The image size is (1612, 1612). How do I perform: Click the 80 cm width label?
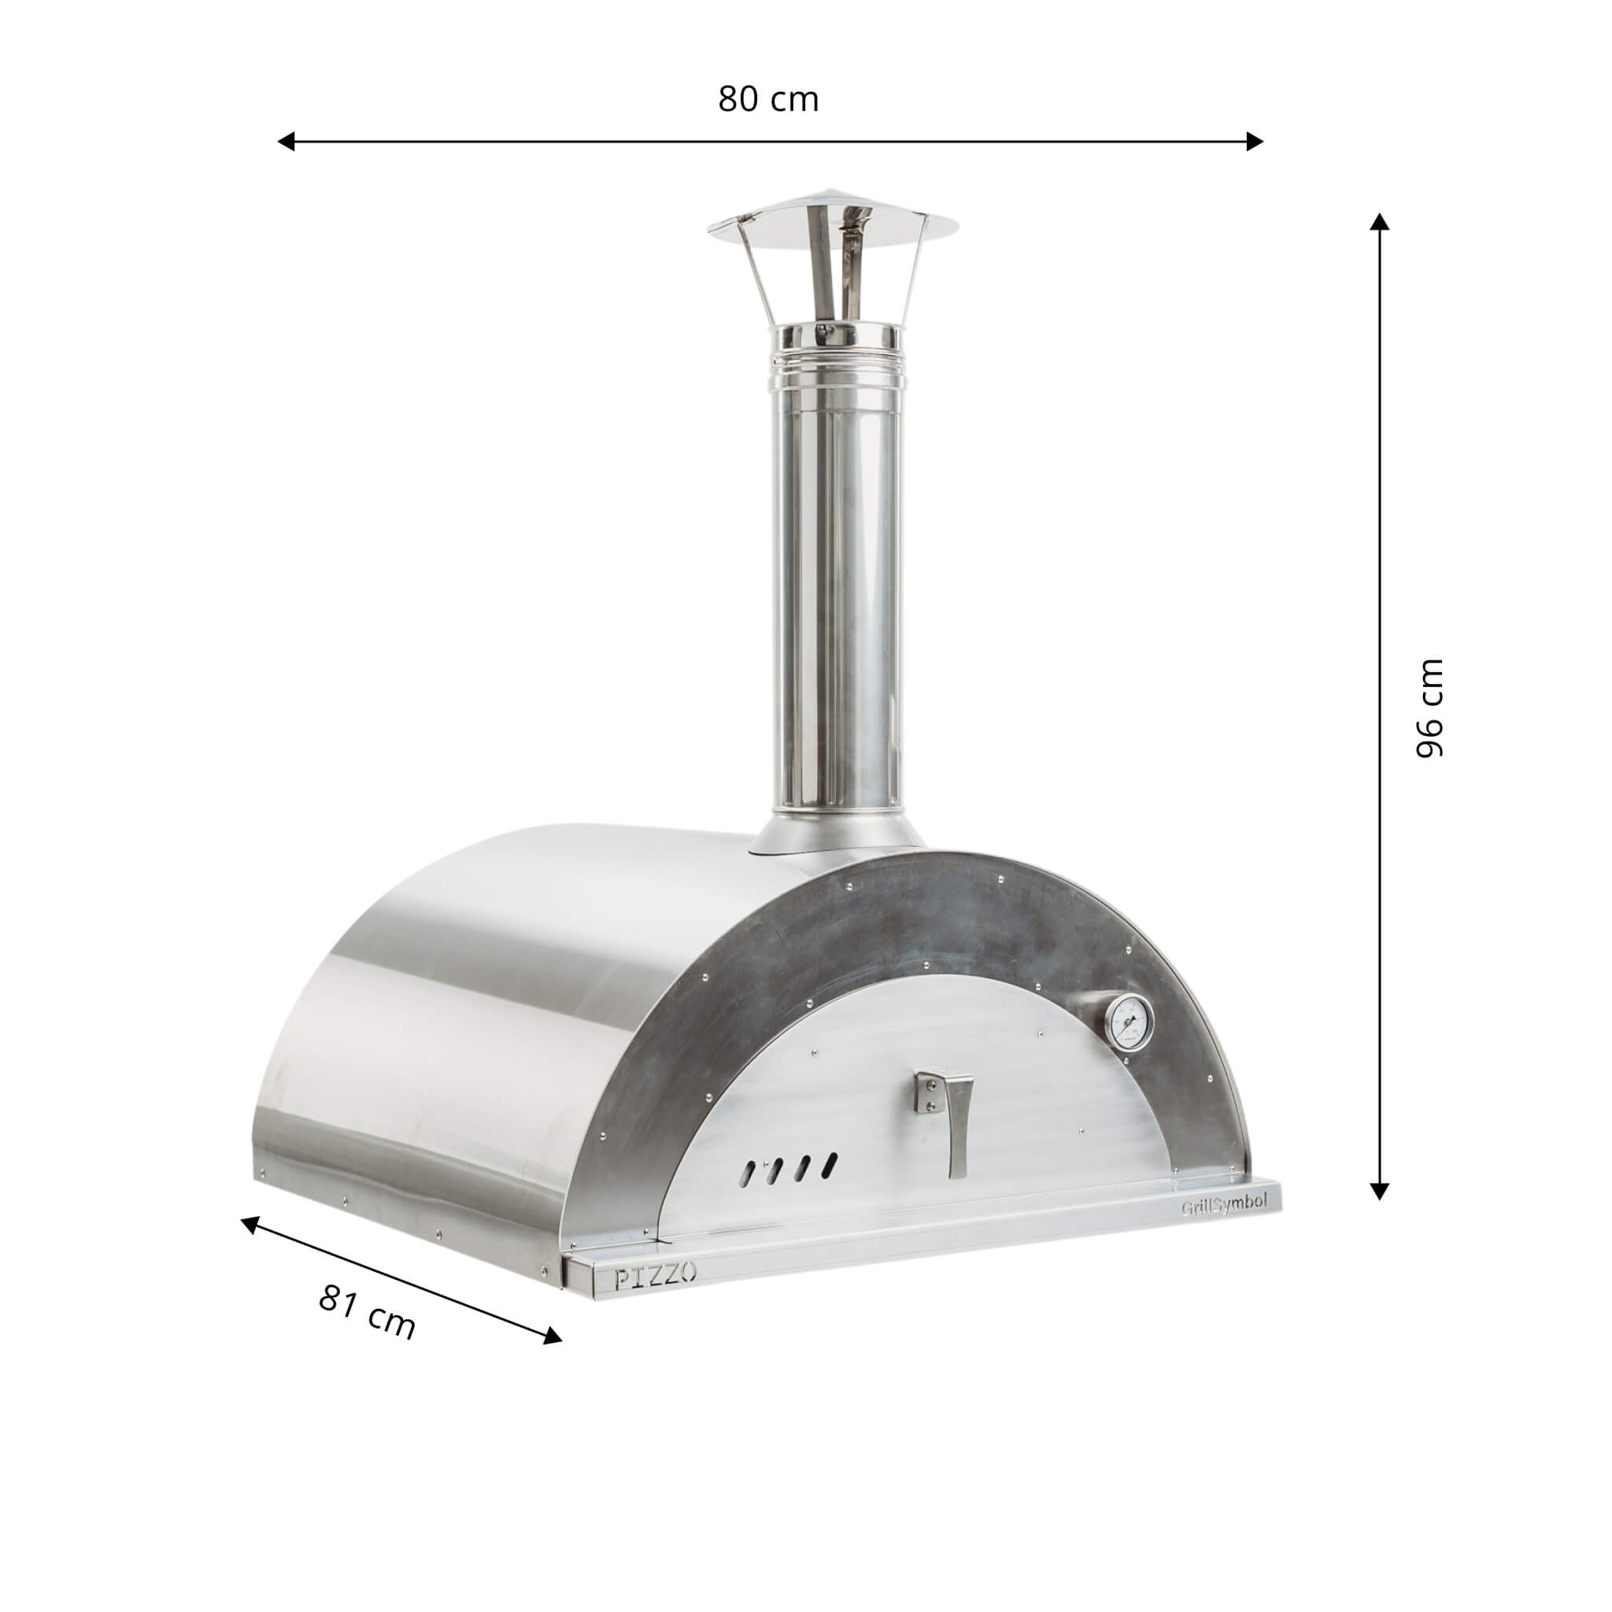768,99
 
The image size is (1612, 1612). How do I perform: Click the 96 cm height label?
1430,708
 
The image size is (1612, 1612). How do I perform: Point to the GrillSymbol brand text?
1223,1227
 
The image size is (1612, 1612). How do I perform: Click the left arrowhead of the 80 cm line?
287,141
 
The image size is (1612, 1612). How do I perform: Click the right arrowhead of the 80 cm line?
1254,141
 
